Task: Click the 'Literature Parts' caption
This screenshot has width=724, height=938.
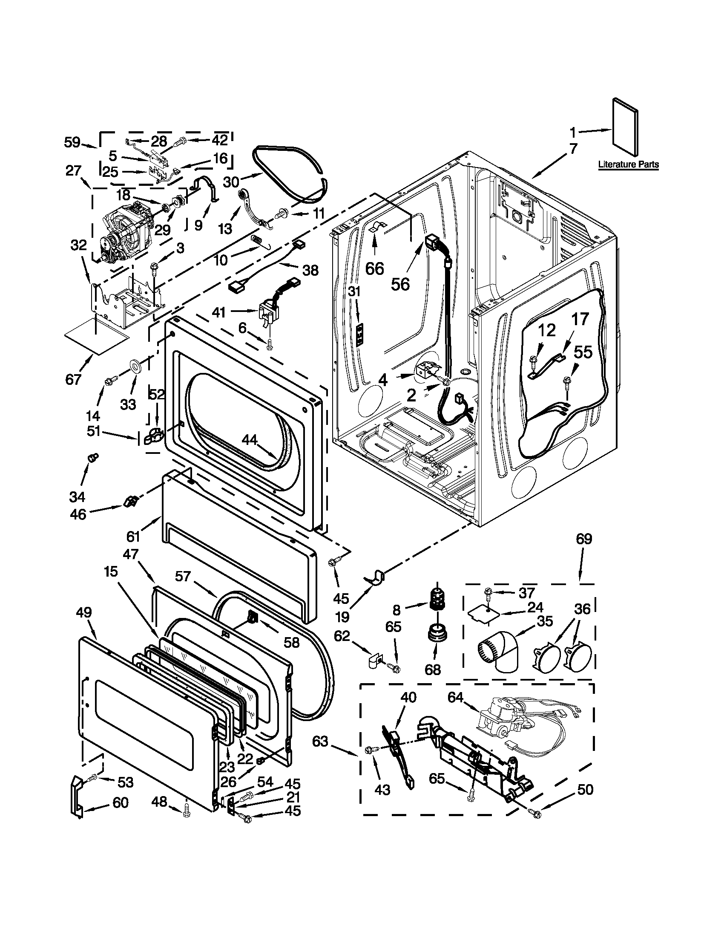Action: (628, 165)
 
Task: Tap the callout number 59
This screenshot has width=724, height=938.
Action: (72, 142)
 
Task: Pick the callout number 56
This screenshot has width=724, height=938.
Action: (400, 284)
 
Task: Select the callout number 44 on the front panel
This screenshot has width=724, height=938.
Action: (250, 439)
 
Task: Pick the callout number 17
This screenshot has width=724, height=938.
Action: (580, 319)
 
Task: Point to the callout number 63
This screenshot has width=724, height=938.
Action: (320, 741)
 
